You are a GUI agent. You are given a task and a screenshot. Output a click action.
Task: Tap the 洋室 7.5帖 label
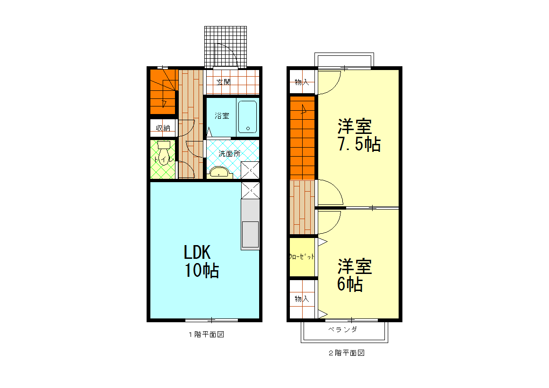[358, 135]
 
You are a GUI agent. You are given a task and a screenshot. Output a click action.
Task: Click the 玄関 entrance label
[223, 82]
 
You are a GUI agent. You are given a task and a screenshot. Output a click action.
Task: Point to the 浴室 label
[221, 115]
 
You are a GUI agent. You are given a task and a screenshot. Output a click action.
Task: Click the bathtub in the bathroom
[247, 116]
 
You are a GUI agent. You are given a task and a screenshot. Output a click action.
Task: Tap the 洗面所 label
[229, 153]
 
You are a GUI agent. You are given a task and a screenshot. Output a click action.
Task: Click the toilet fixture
[164, 153]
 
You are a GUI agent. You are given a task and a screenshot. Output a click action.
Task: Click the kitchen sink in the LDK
[250, 234]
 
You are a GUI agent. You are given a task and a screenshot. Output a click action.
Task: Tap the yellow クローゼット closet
[302, 257]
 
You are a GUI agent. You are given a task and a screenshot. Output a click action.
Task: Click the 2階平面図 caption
[347, 353]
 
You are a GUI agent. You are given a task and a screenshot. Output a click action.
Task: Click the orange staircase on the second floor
[302, 137]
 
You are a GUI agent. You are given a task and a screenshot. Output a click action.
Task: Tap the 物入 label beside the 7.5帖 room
[302, 82]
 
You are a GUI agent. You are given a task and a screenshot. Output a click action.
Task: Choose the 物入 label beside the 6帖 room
[302, 299]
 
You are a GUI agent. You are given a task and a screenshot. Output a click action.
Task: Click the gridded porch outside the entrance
[226, 46]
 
